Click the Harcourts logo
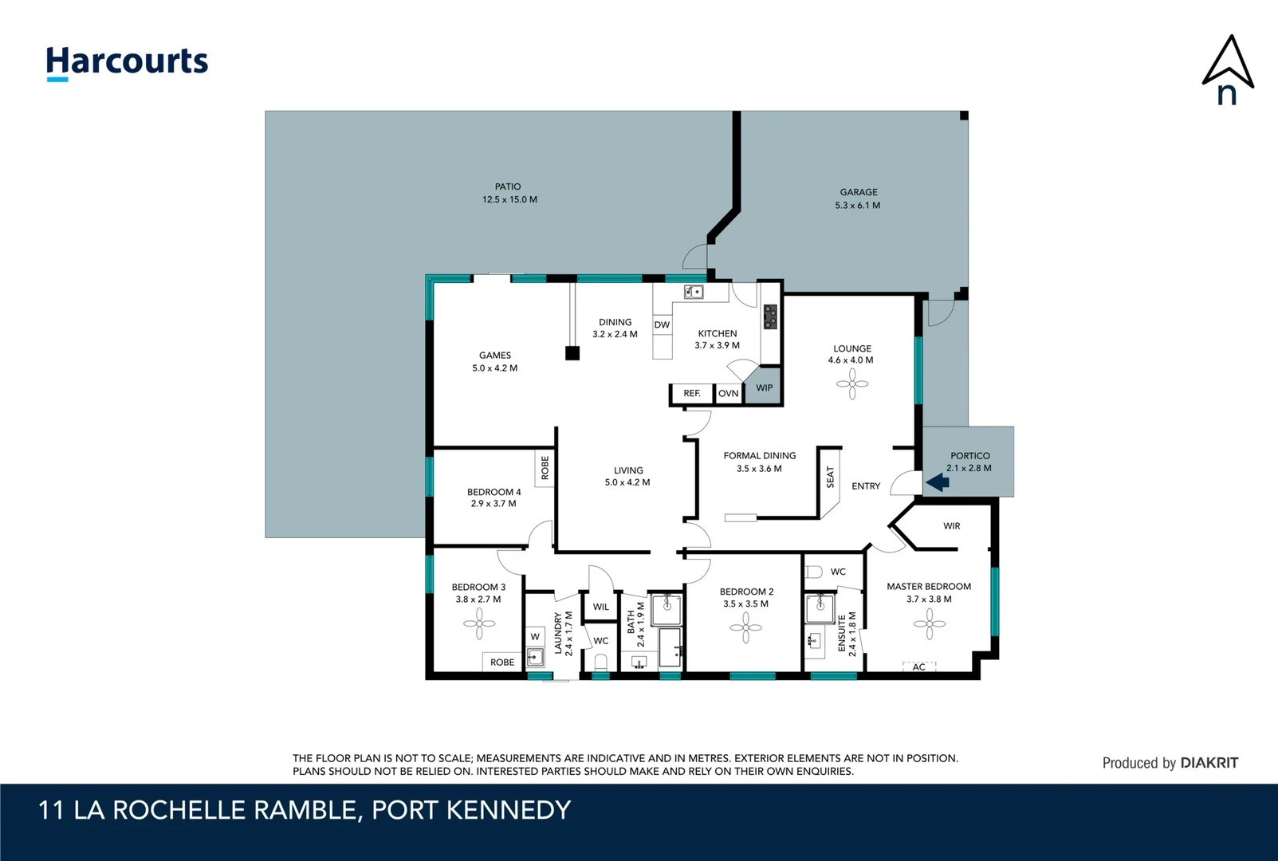point(127,62)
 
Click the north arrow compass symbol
point(1228,70)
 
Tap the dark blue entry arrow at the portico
point(938,482)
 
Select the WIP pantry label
point(764,388)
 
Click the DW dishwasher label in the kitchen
point(662,324)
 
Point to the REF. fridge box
point(691,394)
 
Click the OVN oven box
point(728,394)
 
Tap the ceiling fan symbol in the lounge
point(852,384)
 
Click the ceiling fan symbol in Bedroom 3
point(479,623)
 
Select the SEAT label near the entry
point(830,477)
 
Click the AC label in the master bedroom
point(918,667)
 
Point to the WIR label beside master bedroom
point(951,526)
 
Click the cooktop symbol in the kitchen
point(769,316)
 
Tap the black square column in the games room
point(572,353)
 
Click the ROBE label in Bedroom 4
point(545,467)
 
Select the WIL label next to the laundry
point(600,607)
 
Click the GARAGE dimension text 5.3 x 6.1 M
point(857,206)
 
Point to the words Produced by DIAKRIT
point(1170,763)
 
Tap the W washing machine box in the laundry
point(535,636)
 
